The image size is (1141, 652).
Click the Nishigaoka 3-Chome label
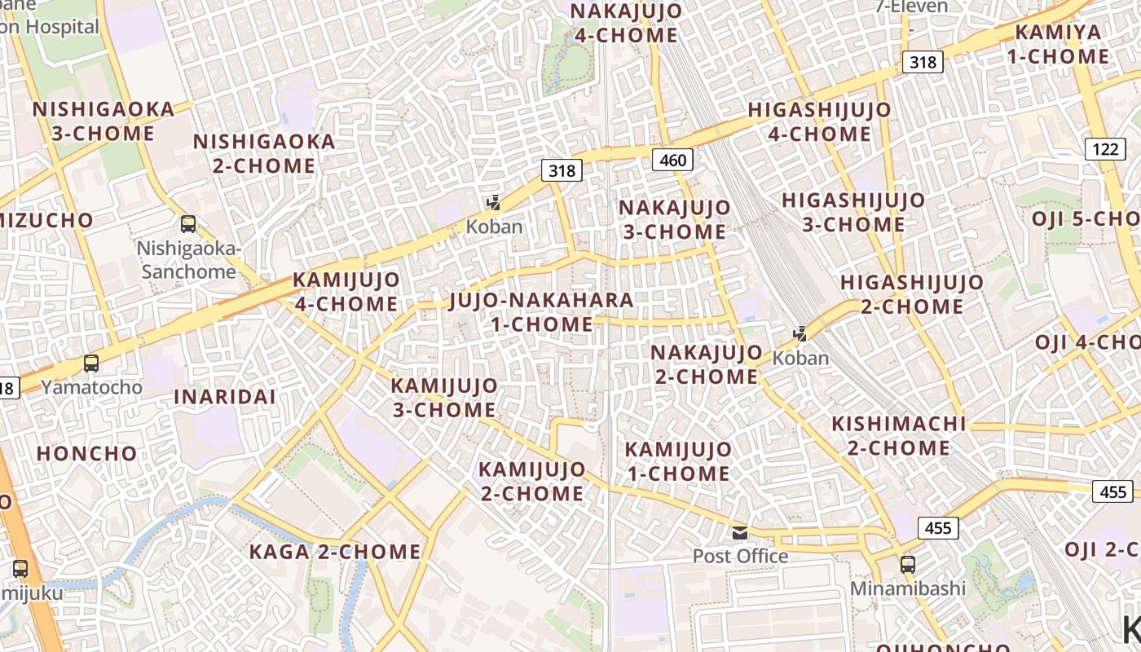coord(104,121)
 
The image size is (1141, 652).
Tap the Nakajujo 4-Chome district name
coord(626,23)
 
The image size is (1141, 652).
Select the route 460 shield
coord(672,160)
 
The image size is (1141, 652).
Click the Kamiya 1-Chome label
coord(1062,45)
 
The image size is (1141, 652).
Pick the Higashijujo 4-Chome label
coord(819,121)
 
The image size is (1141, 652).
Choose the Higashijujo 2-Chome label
coord(912,294)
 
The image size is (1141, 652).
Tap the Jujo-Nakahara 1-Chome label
coord(541,312)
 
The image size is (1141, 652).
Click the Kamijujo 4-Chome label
coord(346,292)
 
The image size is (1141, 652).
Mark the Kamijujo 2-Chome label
coord(531,481)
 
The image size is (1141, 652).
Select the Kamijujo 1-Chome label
coord(678,461)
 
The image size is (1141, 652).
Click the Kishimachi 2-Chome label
coord(898,435)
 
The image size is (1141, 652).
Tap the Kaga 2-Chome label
coord(335,552)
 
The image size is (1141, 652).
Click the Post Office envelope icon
coord(740,533)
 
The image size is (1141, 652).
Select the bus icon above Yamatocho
coord(91,363)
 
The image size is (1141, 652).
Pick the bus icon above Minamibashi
coord(907,564)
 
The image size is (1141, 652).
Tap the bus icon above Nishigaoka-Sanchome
coord(188,223)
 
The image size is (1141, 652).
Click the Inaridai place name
coord(224,397)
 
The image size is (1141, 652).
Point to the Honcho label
coord(87,453)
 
